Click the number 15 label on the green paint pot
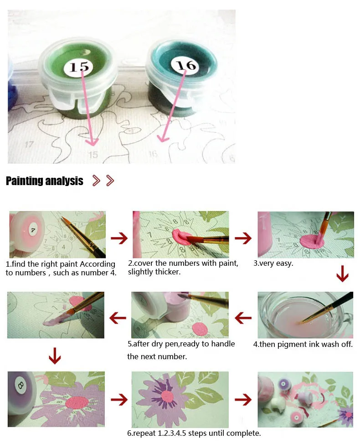point(78,67)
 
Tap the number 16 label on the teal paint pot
point(186,65)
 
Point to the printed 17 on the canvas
point(29,145)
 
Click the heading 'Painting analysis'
point(45,181)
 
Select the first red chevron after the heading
point(96,181)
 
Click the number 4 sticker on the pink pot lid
point(33,230)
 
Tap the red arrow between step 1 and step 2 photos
point(119,238)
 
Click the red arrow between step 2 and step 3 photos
point(243,238)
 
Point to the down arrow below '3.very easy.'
point(342,273)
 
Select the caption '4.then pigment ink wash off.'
point(303,344)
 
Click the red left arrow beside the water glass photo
point(243,318)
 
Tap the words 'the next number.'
point(157,356)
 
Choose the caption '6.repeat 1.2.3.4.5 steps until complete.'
point(194,433)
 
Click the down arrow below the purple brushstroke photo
point(55,356)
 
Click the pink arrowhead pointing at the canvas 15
point(92,141)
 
